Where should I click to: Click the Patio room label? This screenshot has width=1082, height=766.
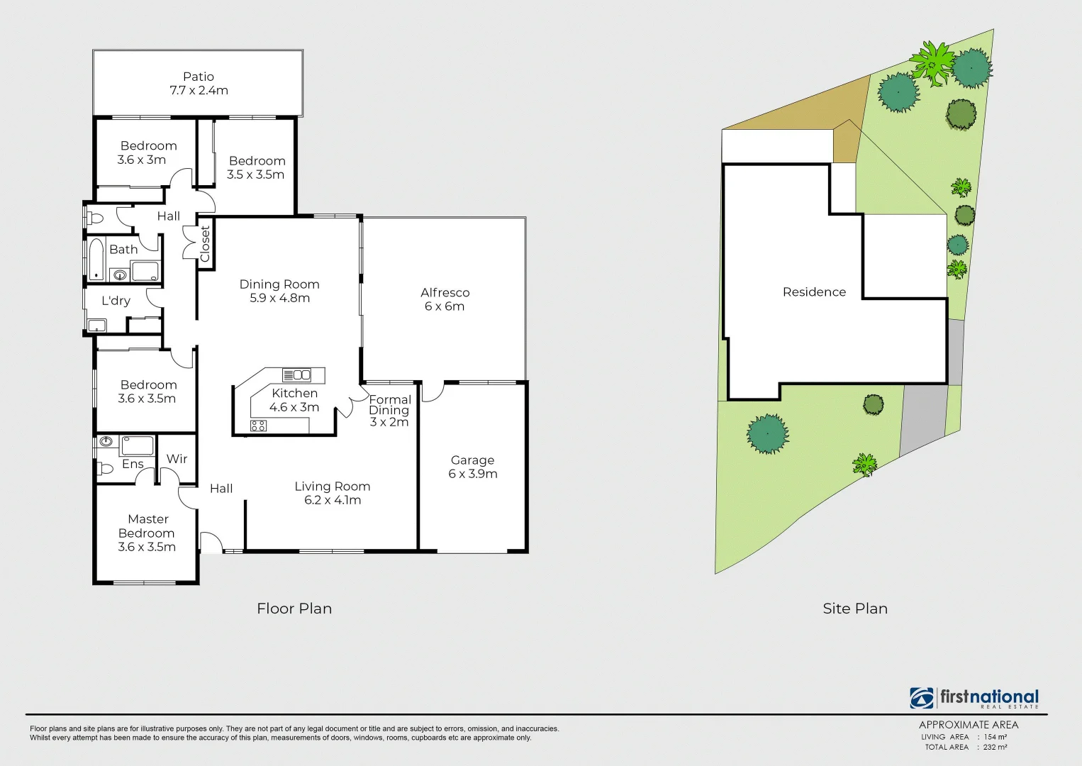(199, 77)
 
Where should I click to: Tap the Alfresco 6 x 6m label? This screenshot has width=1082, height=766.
(445, 299)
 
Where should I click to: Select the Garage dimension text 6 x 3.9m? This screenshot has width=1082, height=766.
(473, 474)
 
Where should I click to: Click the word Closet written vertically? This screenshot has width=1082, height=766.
(205, 244)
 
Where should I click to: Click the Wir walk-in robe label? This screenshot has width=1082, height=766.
(177, 459)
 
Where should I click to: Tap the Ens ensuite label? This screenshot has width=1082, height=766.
(133, 464)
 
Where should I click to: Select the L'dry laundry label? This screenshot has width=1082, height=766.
(116, 301)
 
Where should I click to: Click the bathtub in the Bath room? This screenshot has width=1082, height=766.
(96, 259)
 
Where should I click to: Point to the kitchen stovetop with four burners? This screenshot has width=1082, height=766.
(258, 426)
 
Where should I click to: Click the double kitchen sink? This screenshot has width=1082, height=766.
(297, 375)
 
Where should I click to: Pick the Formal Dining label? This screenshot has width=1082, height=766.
(389, 405)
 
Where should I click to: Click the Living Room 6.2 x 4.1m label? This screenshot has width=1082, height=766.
(333, 493)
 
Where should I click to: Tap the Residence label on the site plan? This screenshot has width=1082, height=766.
(814, 292)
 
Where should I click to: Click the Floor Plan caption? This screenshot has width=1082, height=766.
(294, 609)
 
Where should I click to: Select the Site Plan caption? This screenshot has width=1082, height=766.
(855, 609)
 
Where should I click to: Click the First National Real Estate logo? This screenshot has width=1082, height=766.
(974, 698)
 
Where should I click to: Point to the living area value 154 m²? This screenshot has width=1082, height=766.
(995, 737)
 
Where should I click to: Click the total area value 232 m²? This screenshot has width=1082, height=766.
(995, 747)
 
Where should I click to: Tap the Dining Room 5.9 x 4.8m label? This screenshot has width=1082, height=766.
(279, 291)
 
